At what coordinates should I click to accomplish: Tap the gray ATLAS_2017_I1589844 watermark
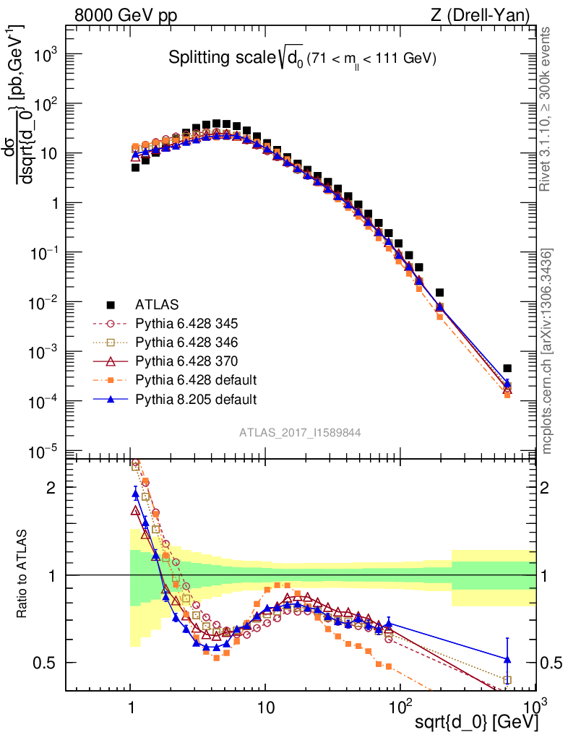[301, 432]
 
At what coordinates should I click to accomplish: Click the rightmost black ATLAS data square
[507, 369]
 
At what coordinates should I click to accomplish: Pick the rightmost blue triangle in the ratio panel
[507, 659]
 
